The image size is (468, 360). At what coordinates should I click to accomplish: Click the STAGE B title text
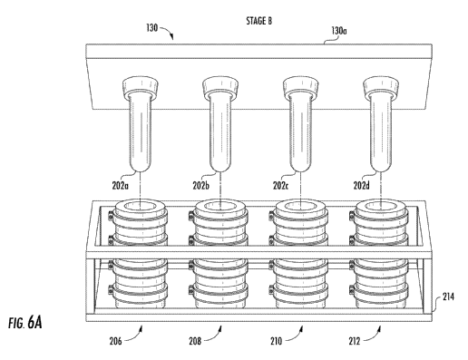coord(258,21)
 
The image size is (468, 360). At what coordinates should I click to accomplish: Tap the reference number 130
coord(152,28)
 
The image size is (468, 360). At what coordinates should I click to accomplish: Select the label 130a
coord(339,31)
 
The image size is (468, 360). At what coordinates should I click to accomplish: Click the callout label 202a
coord(121,186)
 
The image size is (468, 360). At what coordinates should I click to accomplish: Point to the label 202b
coord(200,186)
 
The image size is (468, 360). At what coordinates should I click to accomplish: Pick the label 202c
coord(280,186)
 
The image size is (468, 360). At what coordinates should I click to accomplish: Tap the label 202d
coord(362,186)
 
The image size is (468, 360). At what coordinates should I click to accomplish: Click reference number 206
coord(115,341)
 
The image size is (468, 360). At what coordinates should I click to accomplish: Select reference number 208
coord(195,341)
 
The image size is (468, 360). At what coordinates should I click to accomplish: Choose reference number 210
coord(276,341)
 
